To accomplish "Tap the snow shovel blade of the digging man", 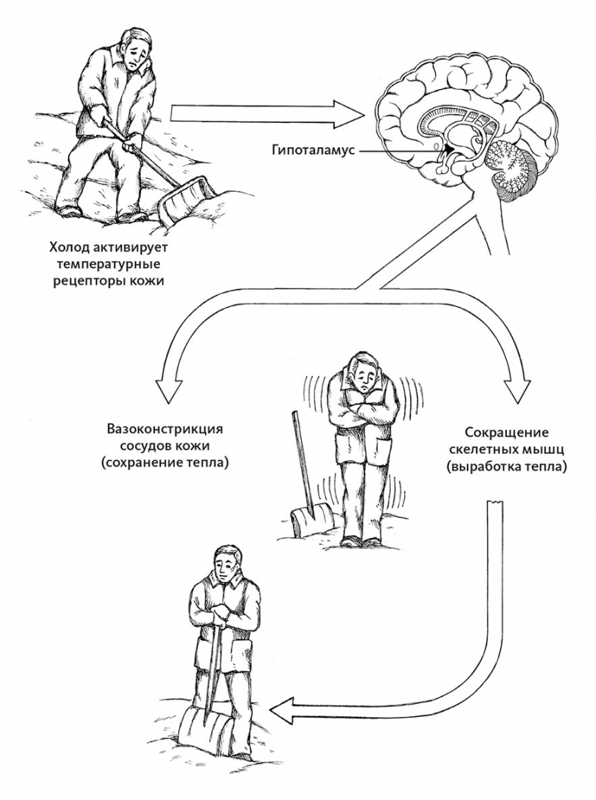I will pyautogui.click(x=187, y=198).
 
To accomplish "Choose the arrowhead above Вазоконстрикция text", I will pyautogui.click(x=172, y=393).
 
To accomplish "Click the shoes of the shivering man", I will pyautogui.click(x=361, y=540).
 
